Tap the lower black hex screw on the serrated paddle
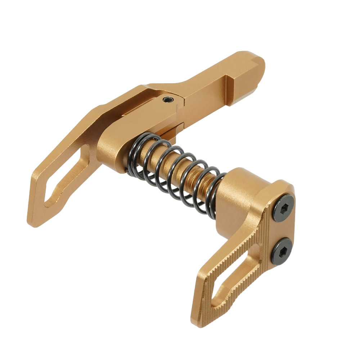coord(281,251)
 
